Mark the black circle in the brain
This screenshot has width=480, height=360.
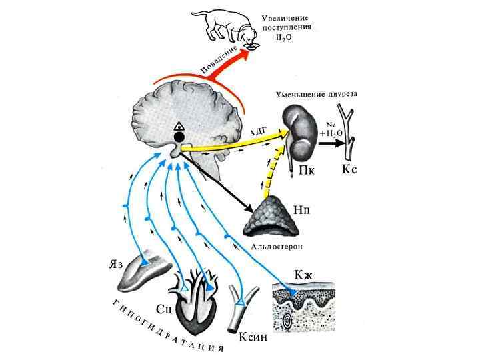179,137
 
